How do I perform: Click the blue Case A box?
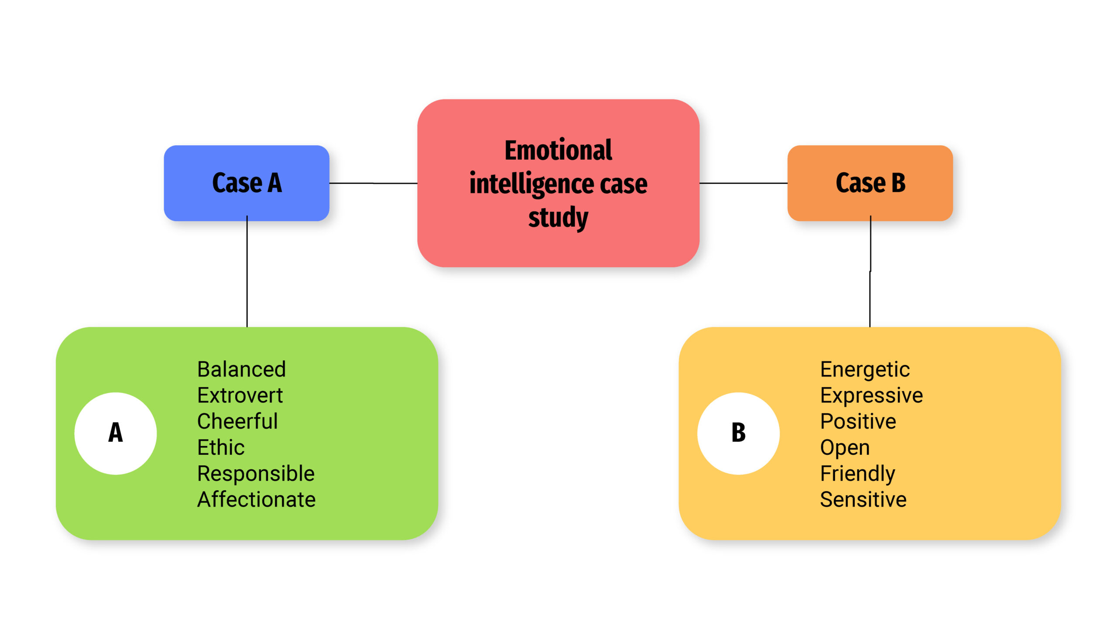[247, 183]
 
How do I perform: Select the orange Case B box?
[870, 183]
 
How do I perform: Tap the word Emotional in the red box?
[558, 150]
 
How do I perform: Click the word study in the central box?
[558, 217]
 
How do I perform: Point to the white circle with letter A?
[116, 433]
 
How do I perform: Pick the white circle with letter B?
[738, 433]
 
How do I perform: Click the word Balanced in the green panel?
[241, 369]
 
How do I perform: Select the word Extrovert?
[240, 396]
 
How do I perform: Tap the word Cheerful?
[237, 421]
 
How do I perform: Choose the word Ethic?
[221, 447]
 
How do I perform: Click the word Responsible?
[256, 474]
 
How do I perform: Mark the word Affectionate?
[256, 500]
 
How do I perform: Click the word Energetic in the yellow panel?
[865, 369]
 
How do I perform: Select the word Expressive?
[871, 396]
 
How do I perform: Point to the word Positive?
[858, 421]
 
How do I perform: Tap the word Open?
[845, 447]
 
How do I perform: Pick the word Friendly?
[857, 474]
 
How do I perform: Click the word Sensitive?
[863, 500]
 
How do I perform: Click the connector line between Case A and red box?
[373, 183]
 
